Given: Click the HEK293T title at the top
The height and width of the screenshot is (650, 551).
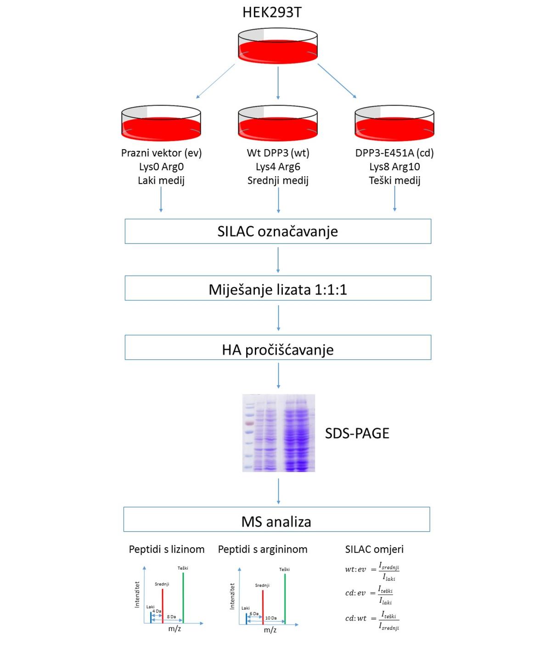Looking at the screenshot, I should pyautogui.click(x=272, y=12).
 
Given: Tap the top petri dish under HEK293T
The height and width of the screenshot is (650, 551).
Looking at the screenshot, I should pyautogui.click(x=278, y=46).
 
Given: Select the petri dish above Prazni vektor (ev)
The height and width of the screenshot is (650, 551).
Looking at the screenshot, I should pyautogui.click(x=161, y=123).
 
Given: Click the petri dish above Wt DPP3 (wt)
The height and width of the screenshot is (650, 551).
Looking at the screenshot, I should pyautogui.click(x=278, y=123).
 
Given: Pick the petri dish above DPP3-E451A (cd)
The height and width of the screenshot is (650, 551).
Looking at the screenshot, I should pyautogui.click(x=394, y=123).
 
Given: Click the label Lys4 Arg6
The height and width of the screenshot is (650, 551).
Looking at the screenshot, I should pyautogui.click(x=278, y=167).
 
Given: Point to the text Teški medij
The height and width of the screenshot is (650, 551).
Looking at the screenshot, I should pyautogui.click(x=394, y=180).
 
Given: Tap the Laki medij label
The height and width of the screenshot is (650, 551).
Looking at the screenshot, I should pyautogui.click(x=161, y=180).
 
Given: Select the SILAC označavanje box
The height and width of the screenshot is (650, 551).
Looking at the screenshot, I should pyautogui.click(x=278, y=231).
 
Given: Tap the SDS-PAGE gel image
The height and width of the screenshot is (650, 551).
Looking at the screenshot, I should pyautogui.click(x=279, y=433).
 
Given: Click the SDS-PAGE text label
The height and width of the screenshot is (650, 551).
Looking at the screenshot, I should pyautogui.click(x=357, y=433).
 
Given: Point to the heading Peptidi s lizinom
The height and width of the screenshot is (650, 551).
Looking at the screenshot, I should pyautogui.click(x=167, y=549).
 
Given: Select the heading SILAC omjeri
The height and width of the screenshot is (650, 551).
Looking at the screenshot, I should pyautogui.click(x=374, y=549).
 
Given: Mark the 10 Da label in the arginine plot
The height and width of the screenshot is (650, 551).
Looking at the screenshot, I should pyautogui.click(x=271, y=618).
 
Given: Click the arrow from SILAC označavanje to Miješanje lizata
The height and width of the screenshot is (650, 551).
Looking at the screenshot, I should pyautogui.click(x=278, y=260).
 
